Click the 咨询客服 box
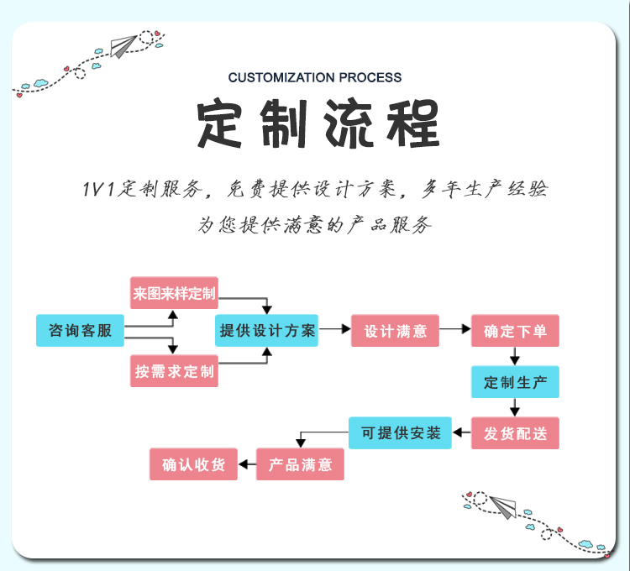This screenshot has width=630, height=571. [x=80, y=331]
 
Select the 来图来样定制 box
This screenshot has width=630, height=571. [x=174, y=293]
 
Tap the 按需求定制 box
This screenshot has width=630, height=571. [x=174, y=371]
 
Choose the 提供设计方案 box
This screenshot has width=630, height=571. [x=266, y=331]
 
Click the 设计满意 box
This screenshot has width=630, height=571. [x=395, y=331]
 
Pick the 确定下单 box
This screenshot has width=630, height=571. [x=515, y=331]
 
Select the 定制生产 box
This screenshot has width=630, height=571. [x=515, y=382]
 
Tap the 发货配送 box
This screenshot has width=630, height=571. [x=515, y=432]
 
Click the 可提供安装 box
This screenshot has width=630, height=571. [x=400, y=432]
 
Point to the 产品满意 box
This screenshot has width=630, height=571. [x=300, y=464]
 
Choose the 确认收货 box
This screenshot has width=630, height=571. [x=193, y=464]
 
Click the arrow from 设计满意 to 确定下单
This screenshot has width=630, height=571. [x=455, y=329]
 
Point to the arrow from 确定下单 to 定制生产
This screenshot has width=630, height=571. [x=515, y=356]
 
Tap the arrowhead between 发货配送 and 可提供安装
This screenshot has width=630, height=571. [x=457, y=432]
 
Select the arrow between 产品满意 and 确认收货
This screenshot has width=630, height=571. [x=247, y=464]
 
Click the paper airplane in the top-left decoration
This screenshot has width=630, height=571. [x=123, y=46]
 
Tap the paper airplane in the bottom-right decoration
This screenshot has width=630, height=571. [x=503, y=506]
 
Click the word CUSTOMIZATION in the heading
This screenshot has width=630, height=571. [x=281, y=77]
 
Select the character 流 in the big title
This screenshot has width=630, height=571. [x=347, y=123]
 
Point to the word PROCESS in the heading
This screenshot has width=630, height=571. [x=370, y=77]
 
